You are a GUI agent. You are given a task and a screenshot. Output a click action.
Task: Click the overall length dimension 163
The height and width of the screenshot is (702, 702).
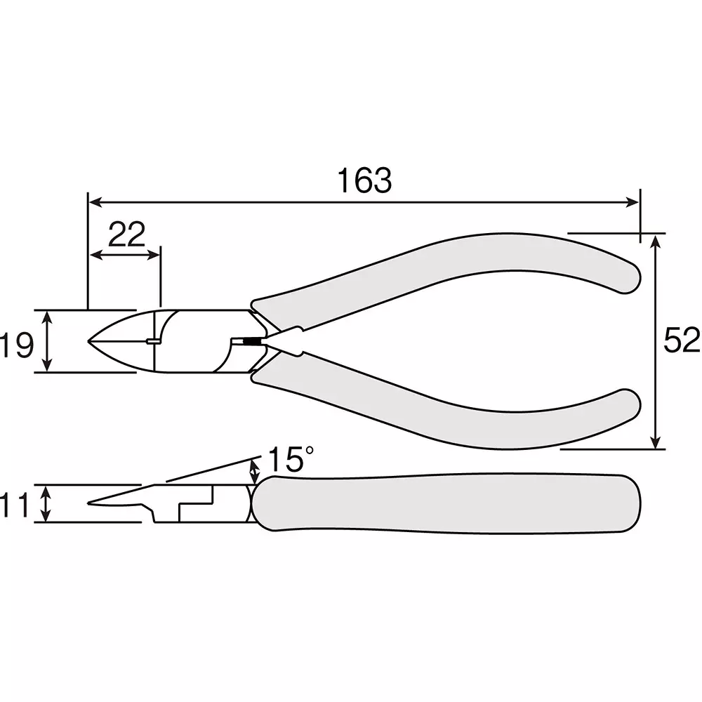pos(364,180)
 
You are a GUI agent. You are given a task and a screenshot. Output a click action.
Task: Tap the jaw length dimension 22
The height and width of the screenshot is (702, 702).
pos(126,234)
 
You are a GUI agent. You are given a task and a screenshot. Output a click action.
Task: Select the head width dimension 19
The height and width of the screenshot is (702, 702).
pos(17,345)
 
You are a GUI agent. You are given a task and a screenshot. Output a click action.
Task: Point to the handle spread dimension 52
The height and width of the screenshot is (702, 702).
pos(682,340)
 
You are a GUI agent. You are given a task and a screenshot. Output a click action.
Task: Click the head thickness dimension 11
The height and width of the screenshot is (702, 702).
pos(14,505)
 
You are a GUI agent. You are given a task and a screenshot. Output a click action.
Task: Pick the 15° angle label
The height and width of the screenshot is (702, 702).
pos(290,459)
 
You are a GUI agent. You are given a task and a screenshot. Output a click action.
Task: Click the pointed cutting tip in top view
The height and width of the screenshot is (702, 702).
pos(88,341)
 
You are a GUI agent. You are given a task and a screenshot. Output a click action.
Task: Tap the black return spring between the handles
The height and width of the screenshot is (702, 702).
pos(253,342)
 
